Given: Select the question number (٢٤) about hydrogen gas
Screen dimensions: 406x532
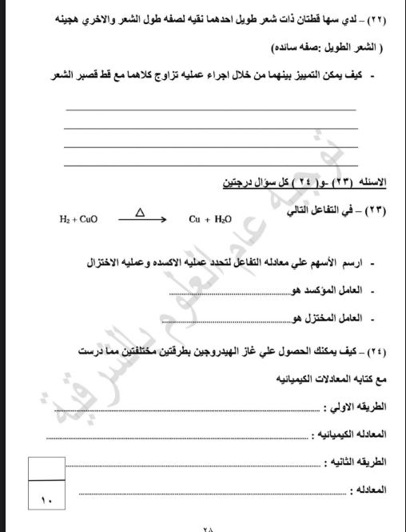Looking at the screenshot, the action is click(376, 350).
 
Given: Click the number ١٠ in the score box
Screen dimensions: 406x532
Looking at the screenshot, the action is click(45, 501).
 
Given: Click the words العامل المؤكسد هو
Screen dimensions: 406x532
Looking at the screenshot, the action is click(335, 290).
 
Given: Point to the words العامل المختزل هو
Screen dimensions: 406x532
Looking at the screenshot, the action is click(335, 318).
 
